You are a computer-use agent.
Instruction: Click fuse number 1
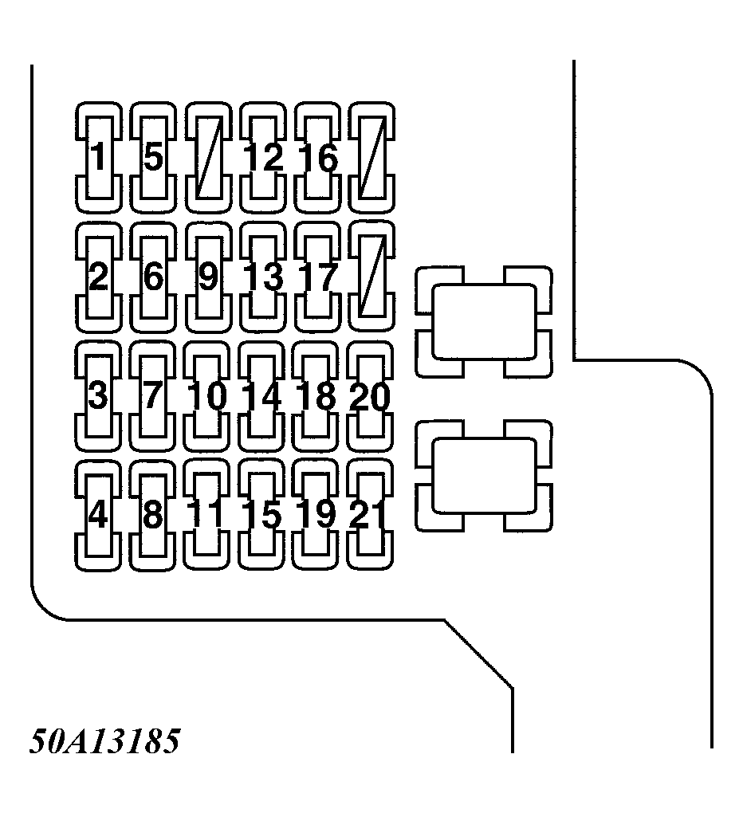(x=98, y=157)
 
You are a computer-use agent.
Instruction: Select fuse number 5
(x=153, y=157)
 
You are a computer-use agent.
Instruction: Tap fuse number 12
(x=263, y=157)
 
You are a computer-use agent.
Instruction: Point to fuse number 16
(x=317, y=157)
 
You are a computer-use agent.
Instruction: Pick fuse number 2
(x=98, y=277)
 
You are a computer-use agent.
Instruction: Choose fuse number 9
(x=207, y=277)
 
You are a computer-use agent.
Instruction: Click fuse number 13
(x=263, y=277)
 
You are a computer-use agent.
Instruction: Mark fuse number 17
(x=317, y=277)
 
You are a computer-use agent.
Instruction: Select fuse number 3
(x=98, y=396)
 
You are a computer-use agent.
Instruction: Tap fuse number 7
(x=153, y=396)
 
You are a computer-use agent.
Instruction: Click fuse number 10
(x=207, y=396)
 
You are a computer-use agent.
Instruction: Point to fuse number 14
(x=263, y=396)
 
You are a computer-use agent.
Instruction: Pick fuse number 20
(x=371, y=396)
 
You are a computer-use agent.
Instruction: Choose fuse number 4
(x=98, y=516)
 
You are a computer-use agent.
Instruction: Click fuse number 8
(x=153, y=516)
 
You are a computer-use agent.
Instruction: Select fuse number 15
(x=263, y=516)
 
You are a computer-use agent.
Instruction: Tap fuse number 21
(x=371, y=516)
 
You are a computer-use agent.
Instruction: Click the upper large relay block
(x=483, y=322)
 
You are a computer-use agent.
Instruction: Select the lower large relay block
(x=483, y=476)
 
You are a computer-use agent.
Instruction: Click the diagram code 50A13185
(x=104, y=742)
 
